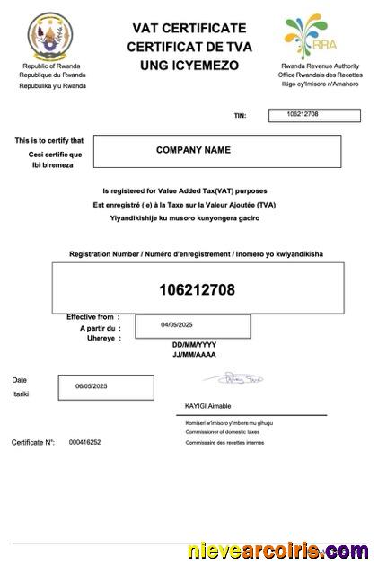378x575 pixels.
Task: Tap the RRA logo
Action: pos(308,37)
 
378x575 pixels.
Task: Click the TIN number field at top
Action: pos(314,115)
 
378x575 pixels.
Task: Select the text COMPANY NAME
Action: pos(193,150)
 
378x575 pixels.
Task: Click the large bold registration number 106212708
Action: pos(197,289)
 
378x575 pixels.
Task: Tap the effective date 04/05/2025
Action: pos(177,324)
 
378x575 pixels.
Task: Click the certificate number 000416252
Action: pos(84,443)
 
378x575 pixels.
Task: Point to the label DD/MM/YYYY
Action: pos(194,345)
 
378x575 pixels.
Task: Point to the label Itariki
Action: pos(21,394)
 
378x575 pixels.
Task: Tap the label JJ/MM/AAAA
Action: pos(194,355)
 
